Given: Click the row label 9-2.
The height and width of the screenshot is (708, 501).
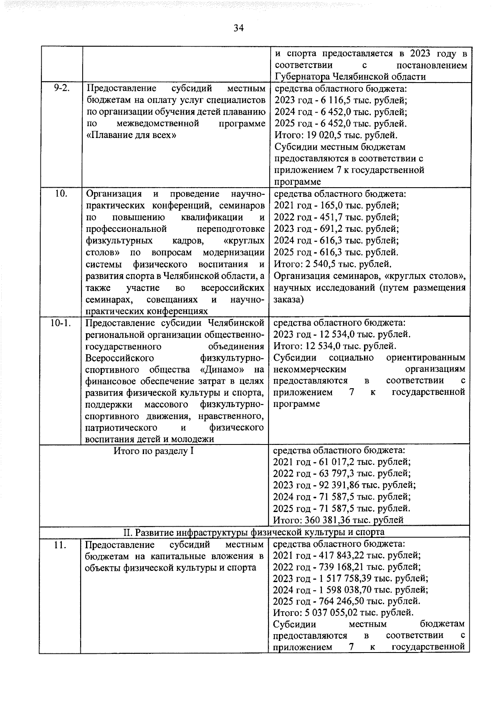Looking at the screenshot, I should pyautogui.click(x=61, y=88).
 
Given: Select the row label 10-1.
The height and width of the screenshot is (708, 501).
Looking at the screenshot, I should pyautogui.click(x=61, y=323).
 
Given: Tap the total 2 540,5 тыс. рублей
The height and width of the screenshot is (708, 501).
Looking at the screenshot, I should pyautogui.click(x=324, y=264).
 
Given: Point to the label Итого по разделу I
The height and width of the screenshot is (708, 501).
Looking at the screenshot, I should pyautogui.click(x=154, y=451).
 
